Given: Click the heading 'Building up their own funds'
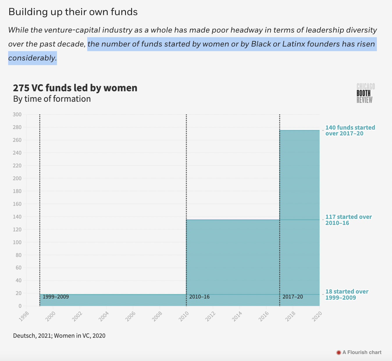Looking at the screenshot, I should coord(73,12).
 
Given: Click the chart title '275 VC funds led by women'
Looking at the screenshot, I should coord(75,88).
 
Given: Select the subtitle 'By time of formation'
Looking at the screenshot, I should coord(52,99).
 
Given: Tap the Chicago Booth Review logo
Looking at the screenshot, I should coord(366,93).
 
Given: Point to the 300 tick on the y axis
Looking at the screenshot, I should coord(17,115).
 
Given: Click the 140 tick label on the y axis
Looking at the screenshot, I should coord(17,217).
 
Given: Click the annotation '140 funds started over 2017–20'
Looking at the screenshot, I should coord(350,131).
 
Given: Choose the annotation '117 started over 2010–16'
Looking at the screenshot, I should coord(348,220).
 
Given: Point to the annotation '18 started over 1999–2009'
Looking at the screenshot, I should coord(347,294).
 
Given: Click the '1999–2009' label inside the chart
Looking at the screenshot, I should coord(56,297).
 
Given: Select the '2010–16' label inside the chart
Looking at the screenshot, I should coord(199,297).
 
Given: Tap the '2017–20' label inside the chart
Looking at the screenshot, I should coord(293,297).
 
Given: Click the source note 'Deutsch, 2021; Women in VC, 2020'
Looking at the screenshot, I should coord(59,336).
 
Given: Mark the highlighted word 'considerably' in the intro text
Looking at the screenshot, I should coord(32,58).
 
